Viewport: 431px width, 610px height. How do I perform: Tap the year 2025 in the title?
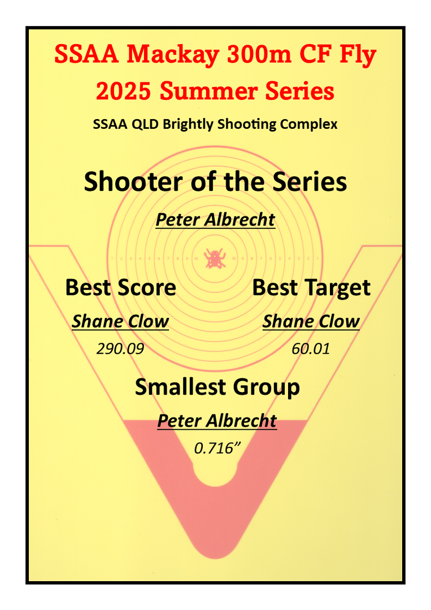click(123, 91)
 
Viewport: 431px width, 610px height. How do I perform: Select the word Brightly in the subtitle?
click(188, 124)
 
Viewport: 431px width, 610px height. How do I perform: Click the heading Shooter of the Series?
click(215, 182)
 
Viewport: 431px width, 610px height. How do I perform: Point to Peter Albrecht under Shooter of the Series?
click(216, 220)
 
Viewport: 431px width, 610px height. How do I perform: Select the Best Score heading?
click(120, 287)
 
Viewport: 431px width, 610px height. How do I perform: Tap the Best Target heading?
click(311, 288)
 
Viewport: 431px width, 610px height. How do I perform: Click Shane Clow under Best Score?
click(120, 322)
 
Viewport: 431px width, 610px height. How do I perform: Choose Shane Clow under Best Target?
click(311, 322)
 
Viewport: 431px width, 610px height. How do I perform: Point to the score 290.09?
click(120, 348)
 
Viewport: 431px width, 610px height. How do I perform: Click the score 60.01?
click(311, 348)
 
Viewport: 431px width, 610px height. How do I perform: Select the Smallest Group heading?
click(217, 387)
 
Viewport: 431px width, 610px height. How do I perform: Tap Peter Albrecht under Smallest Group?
click(217, 421)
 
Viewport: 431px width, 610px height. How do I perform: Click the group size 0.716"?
click(217, 448)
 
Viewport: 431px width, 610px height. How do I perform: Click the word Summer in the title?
click(209, 91)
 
